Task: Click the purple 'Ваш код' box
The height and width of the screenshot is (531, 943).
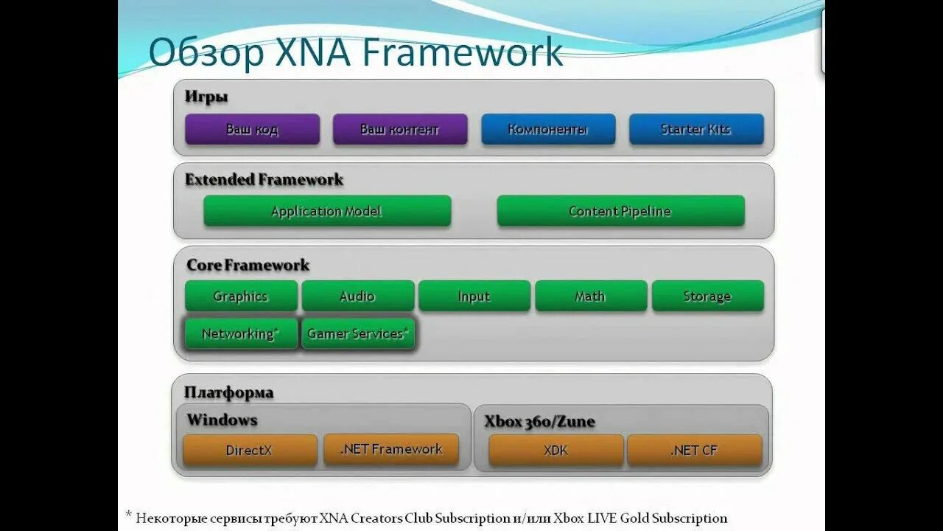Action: [252, 129]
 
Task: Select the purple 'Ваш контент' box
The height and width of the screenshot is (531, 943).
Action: [400, 129]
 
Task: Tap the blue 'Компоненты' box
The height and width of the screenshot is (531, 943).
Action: [548, 129]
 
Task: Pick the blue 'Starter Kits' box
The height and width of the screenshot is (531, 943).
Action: [696, 129]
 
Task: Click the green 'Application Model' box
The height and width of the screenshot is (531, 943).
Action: [327, 211]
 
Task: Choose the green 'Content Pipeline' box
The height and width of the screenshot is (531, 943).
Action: [620, 211]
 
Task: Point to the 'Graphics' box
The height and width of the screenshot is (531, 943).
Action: [241, 296]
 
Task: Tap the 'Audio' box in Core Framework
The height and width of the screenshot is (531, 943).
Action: [357, 296]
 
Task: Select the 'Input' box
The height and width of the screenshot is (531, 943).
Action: [474, 296]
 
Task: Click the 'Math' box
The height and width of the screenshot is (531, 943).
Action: [590, 296]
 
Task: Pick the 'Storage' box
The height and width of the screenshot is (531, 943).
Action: [707, 296]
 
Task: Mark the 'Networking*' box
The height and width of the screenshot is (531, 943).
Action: [241, 333]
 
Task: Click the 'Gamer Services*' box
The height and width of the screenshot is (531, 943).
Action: [358, 333]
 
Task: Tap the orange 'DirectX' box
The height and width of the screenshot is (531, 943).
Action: [250, 450]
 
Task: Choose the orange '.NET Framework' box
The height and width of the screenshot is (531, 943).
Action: [391, 449]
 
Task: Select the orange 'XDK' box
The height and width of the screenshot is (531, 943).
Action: [555, 450]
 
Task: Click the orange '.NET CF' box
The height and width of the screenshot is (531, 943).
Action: [694, 450]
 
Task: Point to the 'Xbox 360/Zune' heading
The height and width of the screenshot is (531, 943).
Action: [540, 422]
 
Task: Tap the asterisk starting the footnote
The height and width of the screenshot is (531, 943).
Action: [128, 515]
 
